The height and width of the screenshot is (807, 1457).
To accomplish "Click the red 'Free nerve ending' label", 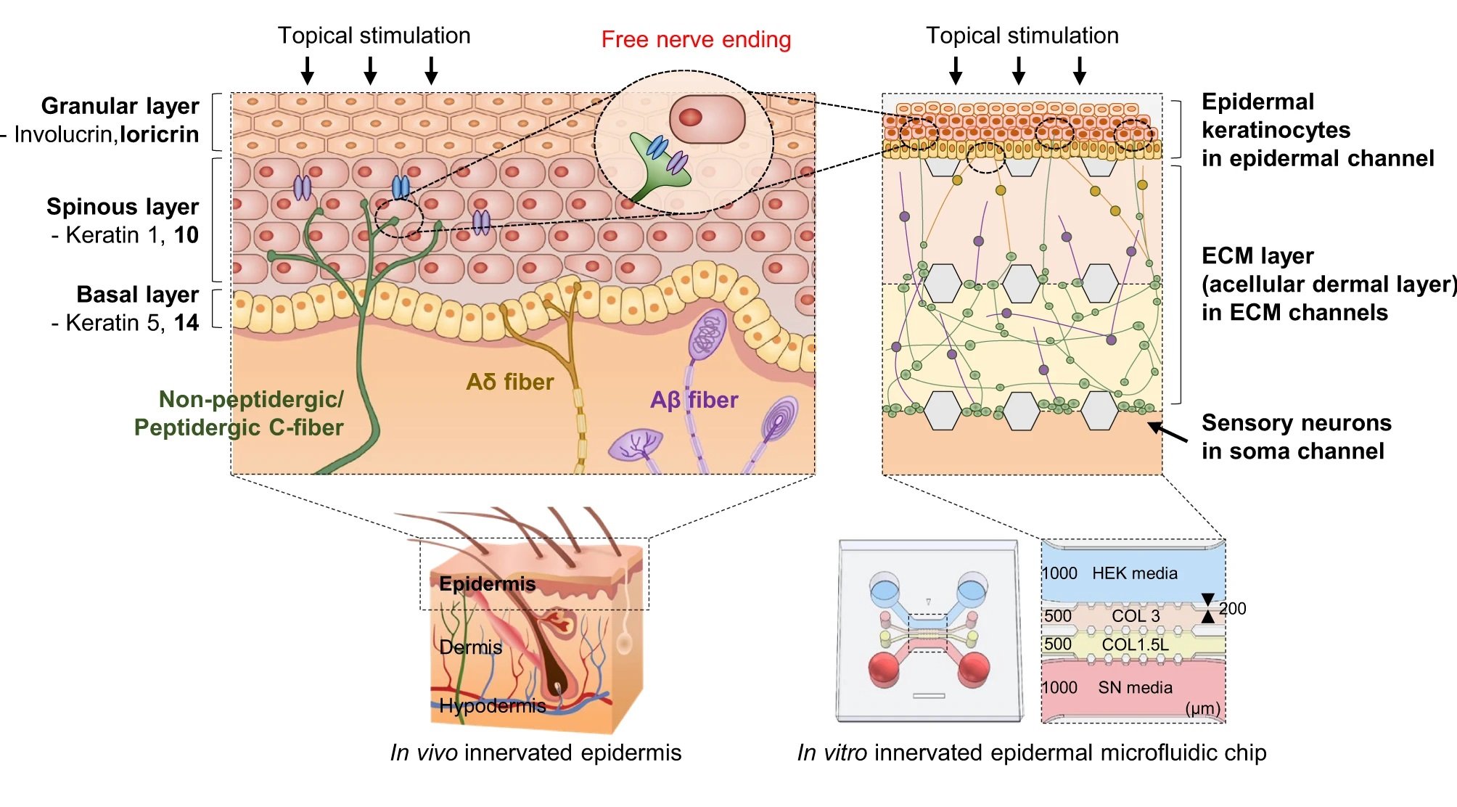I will click(x=696, y=40).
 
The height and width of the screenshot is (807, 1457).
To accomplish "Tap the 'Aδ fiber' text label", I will click(x=509, y=382).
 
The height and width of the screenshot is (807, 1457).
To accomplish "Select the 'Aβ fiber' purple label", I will click(x=694, y=400).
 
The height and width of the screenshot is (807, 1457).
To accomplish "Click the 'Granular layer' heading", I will click(x=120, y=106).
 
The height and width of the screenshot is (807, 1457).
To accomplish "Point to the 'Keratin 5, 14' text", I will click(x=125, y=323).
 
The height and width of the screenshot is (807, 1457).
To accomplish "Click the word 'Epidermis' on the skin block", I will click(x=487, y=583).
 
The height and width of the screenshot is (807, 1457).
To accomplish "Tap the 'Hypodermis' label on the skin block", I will click(x=492, y=705).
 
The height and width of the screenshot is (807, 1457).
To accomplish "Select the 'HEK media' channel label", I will click(x=1134, y=573).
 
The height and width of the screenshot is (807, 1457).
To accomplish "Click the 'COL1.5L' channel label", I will click(x=1135, y=644).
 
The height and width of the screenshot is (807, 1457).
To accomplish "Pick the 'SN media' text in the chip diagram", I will click(x=1135, y=687).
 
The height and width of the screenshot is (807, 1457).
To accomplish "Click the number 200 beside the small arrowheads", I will click(x=1233, y=609).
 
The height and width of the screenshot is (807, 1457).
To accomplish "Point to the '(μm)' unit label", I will click(x=1202, y=708).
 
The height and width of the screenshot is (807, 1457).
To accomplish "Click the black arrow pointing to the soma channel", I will click(x=1167, y=433).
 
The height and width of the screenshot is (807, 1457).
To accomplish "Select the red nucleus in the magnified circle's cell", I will click(x=690, y=117).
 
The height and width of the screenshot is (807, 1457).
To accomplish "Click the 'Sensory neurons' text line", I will click(x=1296, y=422).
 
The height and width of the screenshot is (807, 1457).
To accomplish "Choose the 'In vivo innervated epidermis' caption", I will click(x=535, y=753).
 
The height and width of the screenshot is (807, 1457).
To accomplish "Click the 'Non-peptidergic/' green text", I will click(x=251, y=399).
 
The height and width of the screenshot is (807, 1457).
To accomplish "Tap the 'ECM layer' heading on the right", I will click(x=1257, y=255).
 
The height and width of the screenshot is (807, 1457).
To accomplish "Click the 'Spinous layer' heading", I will click(x=123, y=207).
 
